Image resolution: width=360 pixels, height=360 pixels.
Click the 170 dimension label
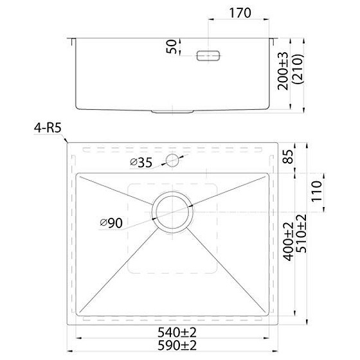coord(240,13)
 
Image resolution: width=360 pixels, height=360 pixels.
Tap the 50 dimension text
coord(172,46)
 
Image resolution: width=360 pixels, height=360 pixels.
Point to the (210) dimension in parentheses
coord(298,70)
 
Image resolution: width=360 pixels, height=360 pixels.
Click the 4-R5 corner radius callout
coord(48,128)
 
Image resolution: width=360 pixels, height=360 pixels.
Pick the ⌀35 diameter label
coord(141,163)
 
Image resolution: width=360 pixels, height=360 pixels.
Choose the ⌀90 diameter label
coord(111,223)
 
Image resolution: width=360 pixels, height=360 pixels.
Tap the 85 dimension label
coord(288,156)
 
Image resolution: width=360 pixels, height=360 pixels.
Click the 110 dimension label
coord(316,192)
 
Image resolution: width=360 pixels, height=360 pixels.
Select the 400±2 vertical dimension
coord(288,242)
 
